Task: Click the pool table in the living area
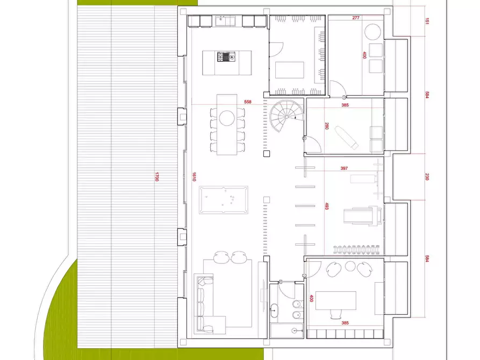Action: coord(223,200)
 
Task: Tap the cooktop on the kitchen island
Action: coord(226,56)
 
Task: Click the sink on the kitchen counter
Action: coord(223,21)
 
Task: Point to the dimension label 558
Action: coord(247,102)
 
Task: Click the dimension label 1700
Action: coord(156,176)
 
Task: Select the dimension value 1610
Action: coord(193,176)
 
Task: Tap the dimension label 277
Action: coord(356,18)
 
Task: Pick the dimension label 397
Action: coord(344,169)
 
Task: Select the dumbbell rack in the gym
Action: coord(357,249)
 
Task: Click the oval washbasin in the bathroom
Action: coord(276,310)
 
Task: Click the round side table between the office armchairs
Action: coord(350,266)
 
